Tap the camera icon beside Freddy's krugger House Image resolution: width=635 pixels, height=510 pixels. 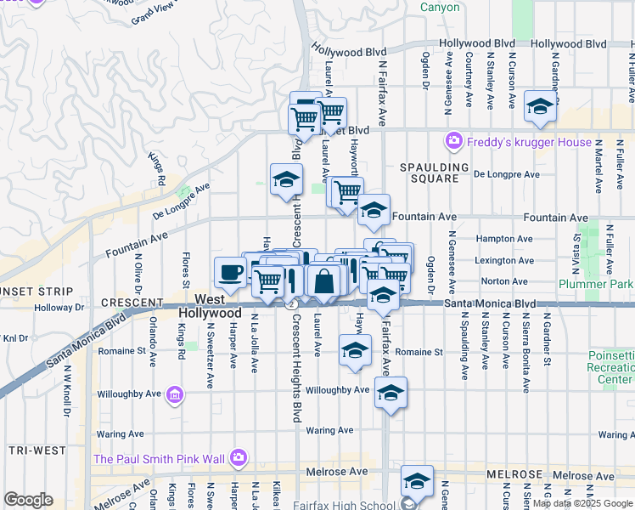click(454, 141)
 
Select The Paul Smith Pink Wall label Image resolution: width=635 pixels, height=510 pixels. click(160, 459)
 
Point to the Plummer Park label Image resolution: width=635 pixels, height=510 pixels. click(596, 284)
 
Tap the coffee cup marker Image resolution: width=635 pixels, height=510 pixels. click(230, 273)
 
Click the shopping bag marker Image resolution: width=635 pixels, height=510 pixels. click(323, 280)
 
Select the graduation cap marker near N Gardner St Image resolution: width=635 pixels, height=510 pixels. click(539, 106)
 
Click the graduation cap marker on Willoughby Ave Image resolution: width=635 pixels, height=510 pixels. click(391, 393)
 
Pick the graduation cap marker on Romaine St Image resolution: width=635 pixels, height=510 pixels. click(355, 349)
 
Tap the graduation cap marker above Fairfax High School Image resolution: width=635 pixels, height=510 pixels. click(417, 481)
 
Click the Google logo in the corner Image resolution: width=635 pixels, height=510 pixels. click(28, 500)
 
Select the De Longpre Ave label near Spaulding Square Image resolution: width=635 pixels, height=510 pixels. click(506, 174)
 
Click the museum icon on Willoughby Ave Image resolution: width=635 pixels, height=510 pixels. click(175, 394)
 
